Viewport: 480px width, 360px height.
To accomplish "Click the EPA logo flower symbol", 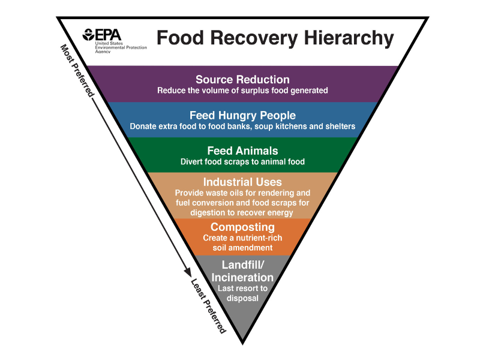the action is pos(88,35).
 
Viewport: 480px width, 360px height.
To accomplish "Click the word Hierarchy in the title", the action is pos(349,38).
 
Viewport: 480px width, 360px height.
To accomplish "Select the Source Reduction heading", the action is pos(242,80).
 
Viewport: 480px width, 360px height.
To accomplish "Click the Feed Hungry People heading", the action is pos(242,116).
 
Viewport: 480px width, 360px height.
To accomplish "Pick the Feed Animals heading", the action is pos(242,151).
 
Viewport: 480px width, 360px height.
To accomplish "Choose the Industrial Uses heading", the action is pos(242,182).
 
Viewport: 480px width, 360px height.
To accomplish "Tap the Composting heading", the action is pos(242,227).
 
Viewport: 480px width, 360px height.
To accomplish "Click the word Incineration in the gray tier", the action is pos(242,277).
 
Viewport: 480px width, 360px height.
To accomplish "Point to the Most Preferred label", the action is pos(77,70).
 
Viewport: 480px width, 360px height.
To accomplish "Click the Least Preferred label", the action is pos(208,306).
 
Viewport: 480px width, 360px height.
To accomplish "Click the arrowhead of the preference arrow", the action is pos(188,272).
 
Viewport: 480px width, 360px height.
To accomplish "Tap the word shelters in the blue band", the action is pos(340,127).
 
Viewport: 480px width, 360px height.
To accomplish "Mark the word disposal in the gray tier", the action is pos(242,298).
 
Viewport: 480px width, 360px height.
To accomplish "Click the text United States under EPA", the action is pos(109,43).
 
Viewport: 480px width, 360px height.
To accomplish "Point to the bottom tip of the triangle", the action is pos(242,344).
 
